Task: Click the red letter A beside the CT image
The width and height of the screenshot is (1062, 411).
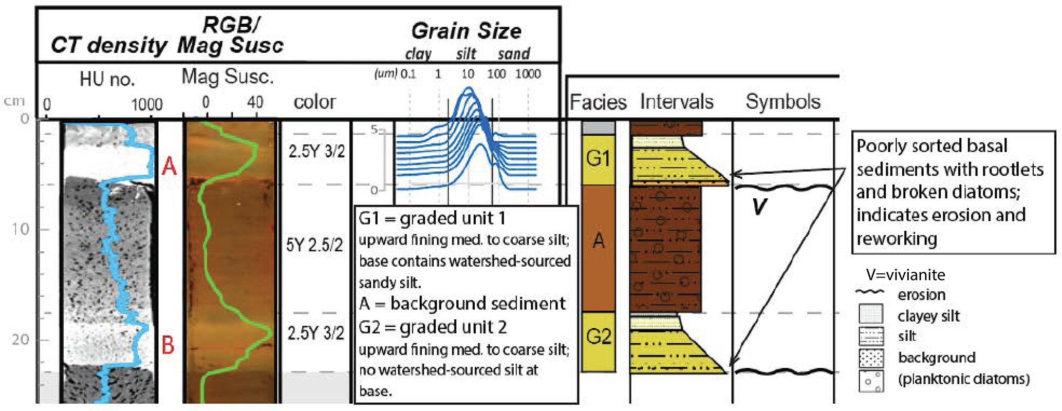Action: click(169, 166)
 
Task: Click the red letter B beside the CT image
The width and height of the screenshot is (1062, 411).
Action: click(168, 345)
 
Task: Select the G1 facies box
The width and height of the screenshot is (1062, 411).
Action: click(599, 159)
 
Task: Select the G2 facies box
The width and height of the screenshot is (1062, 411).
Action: click(599, 337)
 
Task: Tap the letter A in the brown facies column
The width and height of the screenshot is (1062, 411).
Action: click(599, 240)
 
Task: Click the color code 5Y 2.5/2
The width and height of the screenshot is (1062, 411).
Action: click(314, 245)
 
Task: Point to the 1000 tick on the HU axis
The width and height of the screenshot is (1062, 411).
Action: click(147, 104)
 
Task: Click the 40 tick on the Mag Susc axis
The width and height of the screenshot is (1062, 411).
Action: click(255, 102)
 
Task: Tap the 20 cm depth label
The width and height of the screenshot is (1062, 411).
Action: click(21, 340)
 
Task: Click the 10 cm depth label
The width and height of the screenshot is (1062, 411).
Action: click(21, 229)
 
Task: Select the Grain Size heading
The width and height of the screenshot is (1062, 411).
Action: click(467, 31)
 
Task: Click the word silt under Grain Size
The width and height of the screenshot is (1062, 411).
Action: click(466, 54)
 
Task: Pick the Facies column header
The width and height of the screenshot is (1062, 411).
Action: click(598, 102)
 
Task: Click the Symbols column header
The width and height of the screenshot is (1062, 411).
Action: click(783, 102)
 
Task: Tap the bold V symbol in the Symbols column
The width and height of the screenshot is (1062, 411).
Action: click(759, 207)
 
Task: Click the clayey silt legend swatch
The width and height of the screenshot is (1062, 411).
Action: click(871, 314)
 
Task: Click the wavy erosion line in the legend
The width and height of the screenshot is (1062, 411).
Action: click(869, 292)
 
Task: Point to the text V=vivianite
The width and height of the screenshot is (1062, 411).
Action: click(905, 275)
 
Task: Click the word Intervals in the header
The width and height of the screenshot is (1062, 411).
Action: click(677, 102)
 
